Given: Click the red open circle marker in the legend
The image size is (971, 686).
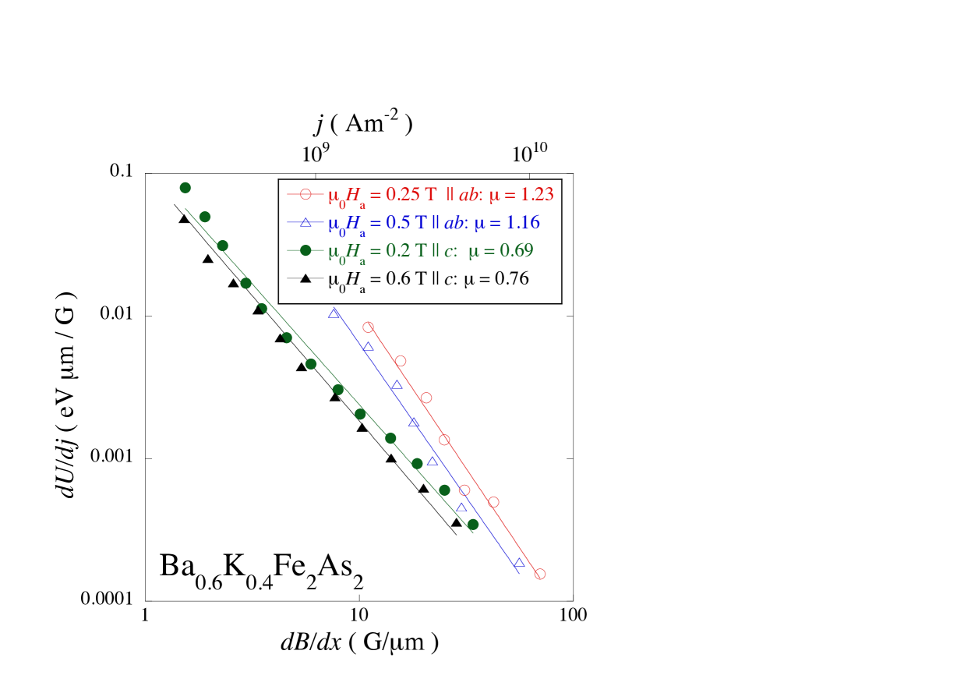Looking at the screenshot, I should click(x=305, y=194).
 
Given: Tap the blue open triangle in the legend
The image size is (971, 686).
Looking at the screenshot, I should click(x=305, y=222).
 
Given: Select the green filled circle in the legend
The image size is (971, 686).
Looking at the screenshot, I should click(x=305, y=250).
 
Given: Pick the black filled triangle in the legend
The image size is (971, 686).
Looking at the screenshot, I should click(x=305, y=278).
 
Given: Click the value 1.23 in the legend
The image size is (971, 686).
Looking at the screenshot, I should click(x=535, y=194).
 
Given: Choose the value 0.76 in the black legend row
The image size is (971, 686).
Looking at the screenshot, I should click(x=511, y=278).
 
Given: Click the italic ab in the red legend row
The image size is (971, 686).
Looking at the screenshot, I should click(x=468, y=194).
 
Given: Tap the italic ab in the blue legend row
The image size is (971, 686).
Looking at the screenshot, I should click(x=454, y=222).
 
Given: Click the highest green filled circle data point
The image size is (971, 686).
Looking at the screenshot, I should click(x=185, y=188).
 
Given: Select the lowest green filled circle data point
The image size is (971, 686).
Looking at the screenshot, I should click(x=472, y=525).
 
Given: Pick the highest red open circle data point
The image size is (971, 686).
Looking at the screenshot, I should click(x=369, y=327).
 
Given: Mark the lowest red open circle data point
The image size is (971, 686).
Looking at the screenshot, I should click(x=540, y=575).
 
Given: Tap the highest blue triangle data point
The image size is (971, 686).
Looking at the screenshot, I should click(x=334, y=313).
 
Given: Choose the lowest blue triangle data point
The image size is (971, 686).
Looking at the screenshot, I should click(x=519, y=563).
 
